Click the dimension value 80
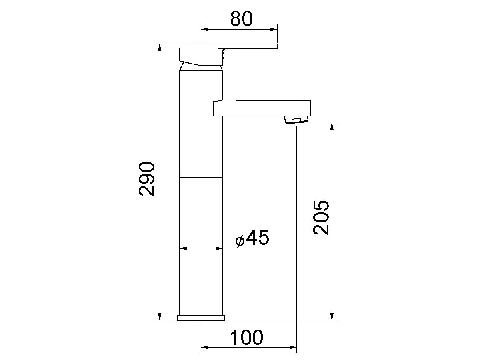[x=242, y=19]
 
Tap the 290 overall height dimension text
[x=147, y=179]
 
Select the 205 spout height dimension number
[x=321, y=217]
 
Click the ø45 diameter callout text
[x=252, y=238]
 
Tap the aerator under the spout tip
[x=296, y=119]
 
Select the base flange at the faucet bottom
[x=201, y=318]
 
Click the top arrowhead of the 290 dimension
[x=160, y=47]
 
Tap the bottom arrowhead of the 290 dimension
[x=160, y=316]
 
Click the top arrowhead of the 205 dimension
[x=332, y=127]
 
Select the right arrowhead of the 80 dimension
[x=274, y=29]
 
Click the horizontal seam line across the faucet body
[x=201, y=177]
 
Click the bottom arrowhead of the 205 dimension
[x=332, y=316]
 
